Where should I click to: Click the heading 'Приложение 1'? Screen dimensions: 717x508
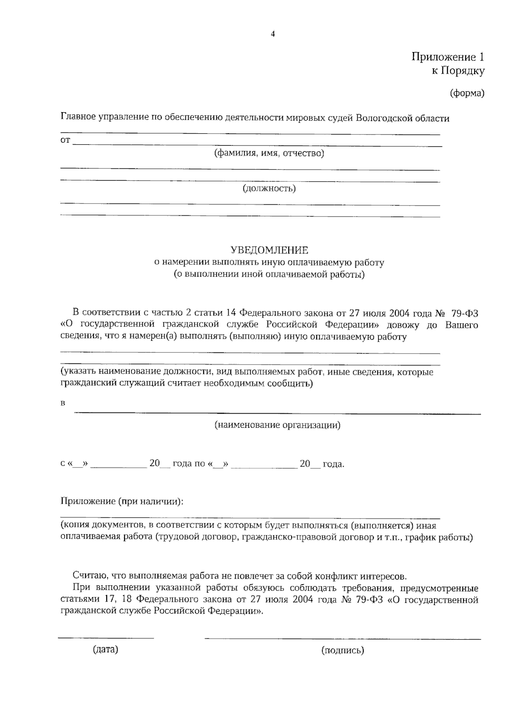pos(447,57)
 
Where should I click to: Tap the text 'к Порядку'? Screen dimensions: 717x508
pos(458,71)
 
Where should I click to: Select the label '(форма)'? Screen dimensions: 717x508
pos(467,93)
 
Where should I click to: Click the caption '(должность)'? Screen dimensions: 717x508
pos(269,188)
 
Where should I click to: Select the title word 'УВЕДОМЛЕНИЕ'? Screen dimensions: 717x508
pos(269,250)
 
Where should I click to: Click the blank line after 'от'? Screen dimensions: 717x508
pos(257,145)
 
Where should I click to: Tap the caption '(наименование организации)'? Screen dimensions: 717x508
pos(277,425)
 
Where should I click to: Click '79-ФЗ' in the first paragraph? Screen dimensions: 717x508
pos(465,313)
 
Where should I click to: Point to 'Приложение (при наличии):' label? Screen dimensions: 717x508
pos(122,501)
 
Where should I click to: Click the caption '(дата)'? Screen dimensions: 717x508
pos(105,649)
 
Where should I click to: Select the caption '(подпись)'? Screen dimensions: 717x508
pos(342,650)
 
